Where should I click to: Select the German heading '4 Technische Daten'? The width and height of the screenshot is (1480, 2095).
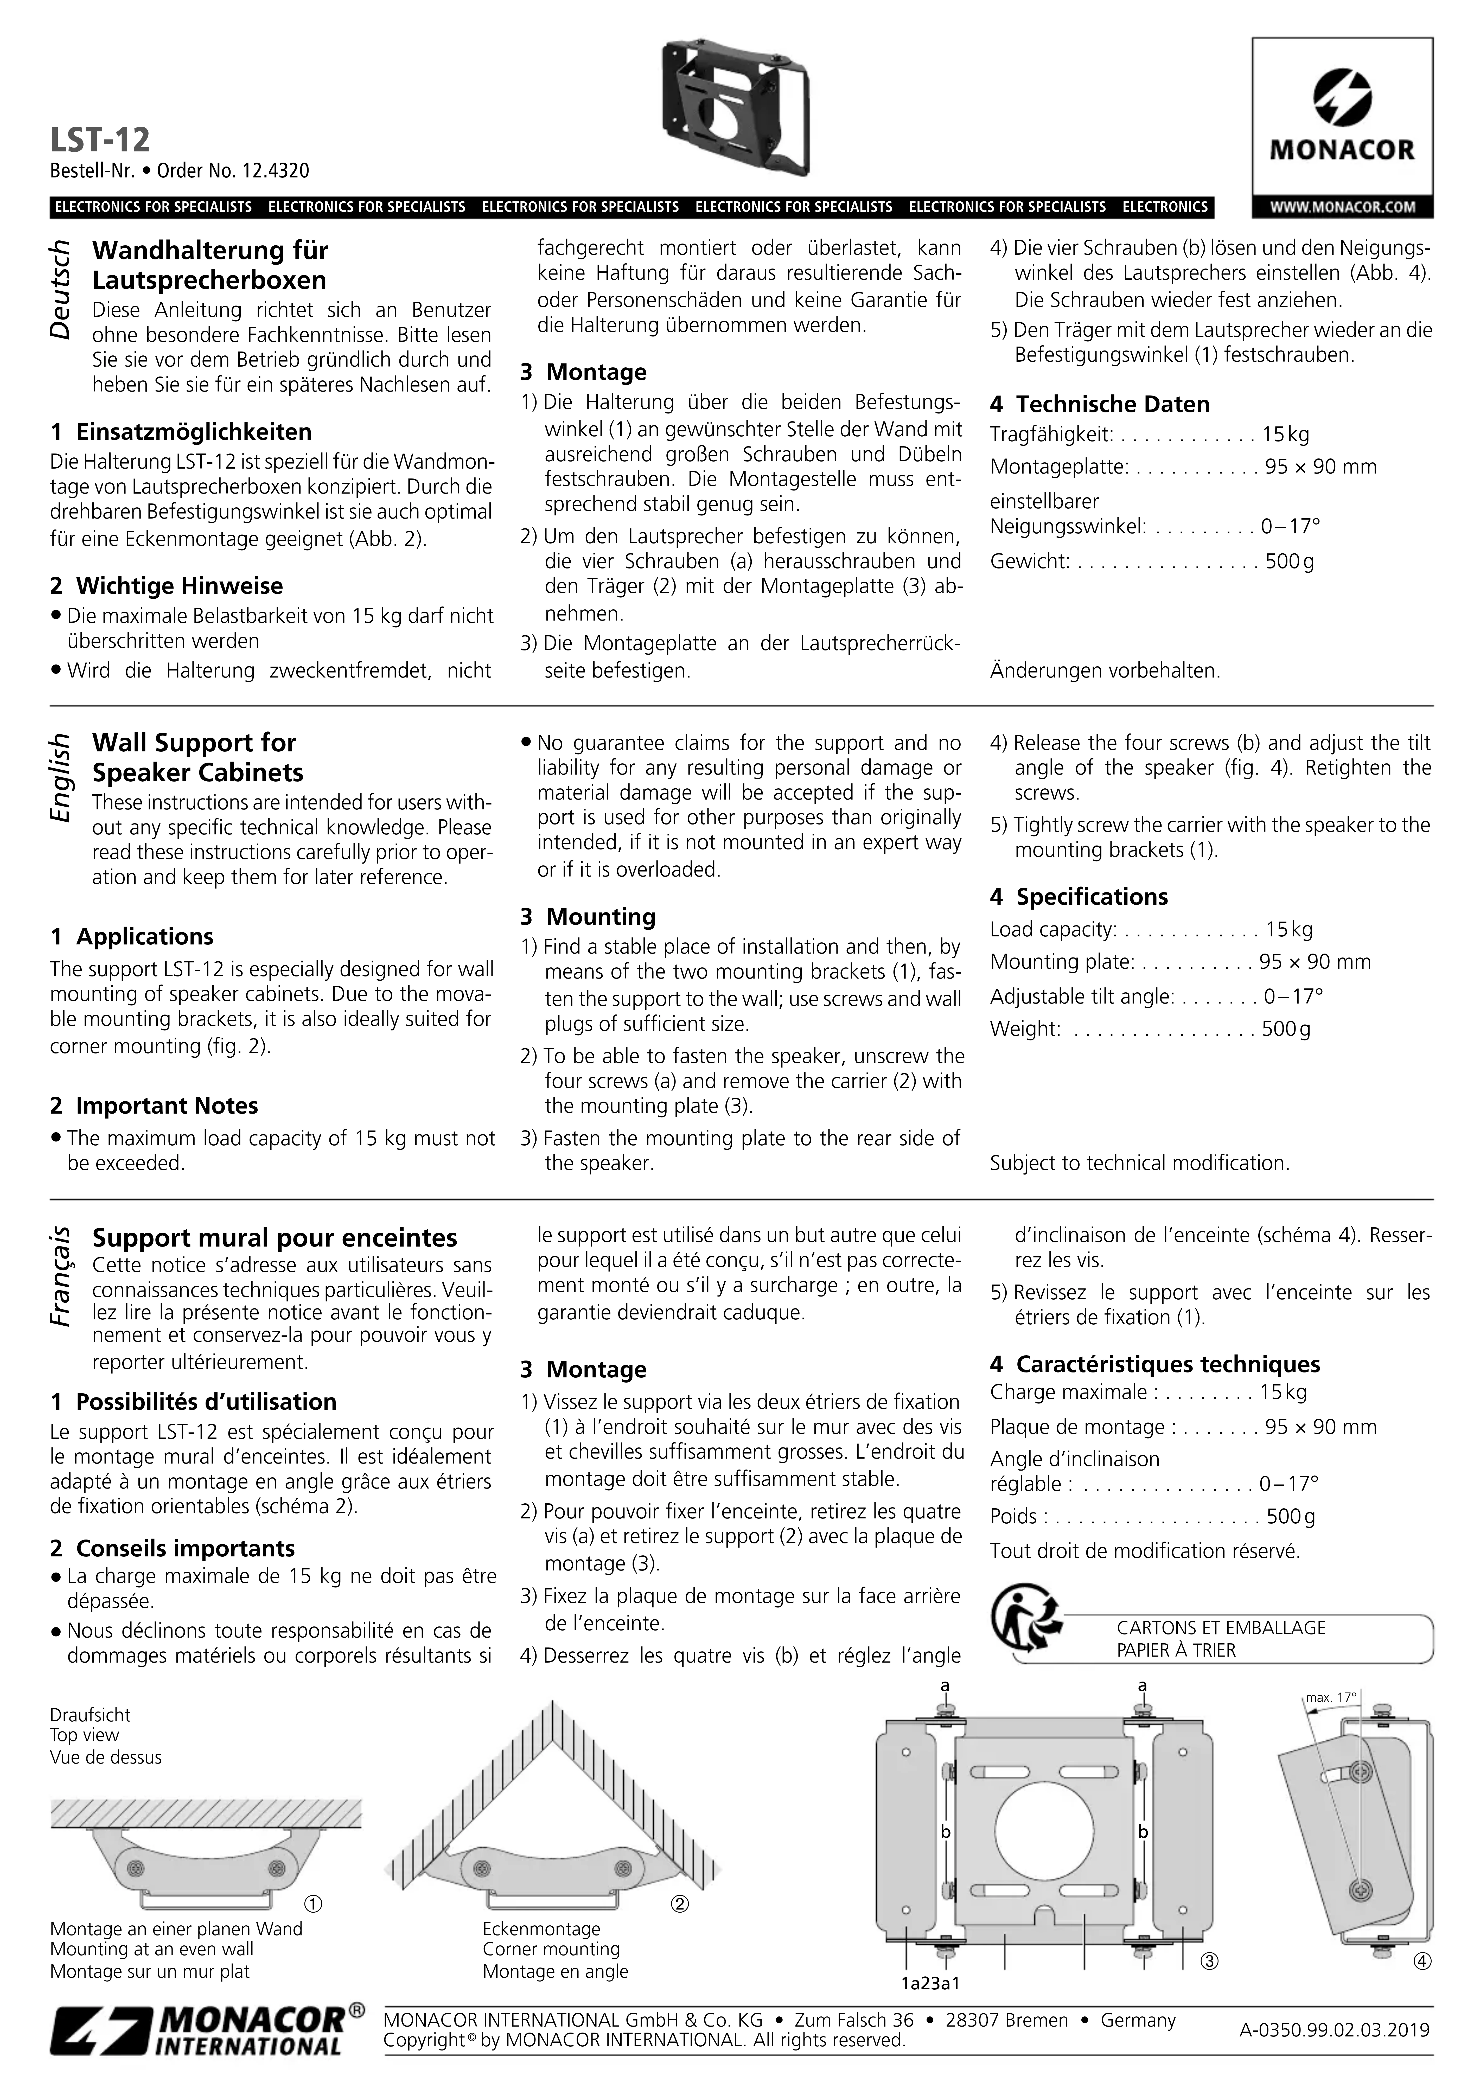coord(1100,404)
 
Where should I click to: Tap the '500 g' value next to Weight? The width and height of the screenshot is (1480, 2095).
coord(1286,1029)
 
